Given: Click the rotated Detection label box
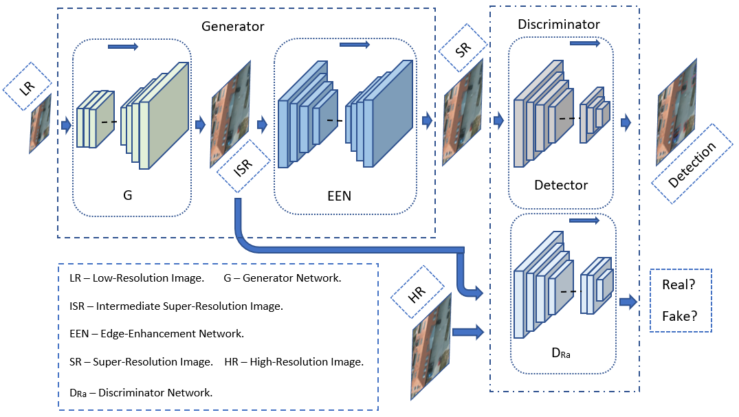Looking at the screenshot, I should [x=692, y=164].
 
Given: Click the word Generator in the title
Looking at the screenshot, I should [x=233, y=26].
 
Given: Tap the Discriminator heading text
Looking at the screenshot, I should [x=558, y=25].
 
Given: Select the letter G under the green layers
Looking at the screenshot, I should [x=127, y=195].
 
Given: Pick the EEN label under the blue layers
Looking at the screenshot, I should [x=339, y=196].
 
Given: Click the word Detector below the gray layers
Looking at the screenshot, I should [x=561, y=185].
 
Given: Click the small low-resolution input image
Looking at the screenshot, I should [x=41, y=124].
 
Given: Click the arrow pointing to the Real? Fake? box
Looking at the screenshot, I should [x=628, y=302].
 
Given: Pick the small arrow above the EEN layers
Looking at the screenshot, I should [x=355, y=45].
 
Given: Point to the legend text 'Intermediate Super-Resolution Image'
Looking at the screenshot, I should [x=190, y=306].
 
